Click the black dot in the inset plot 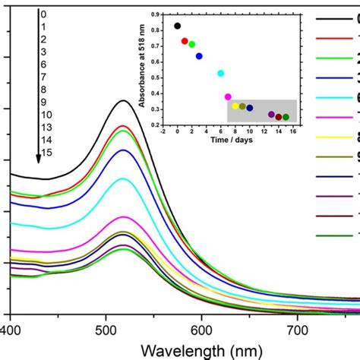(x=178, y=26)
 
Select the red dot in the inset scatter (x=185, y=41)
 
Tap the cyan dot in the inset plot (x=221, y=73)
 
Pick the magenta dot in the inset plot (x=228, y=96)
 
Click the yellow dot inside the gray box (x=235, y=106)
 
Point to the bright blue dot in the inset (x=199, y=56)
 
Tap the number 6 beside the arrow (x=44, y=66)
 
